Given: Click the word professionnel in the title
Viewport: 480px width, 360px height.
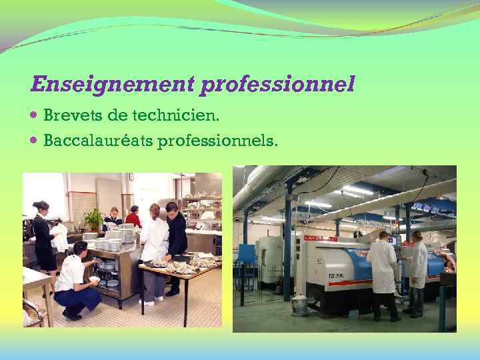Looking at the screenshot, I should click(277, 85).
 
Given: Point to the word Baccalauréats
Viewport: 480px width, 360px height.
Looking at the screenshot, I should click(98, 141).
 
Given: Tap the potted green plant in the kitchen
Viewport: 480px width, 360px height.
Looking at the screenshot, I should click(94, 219).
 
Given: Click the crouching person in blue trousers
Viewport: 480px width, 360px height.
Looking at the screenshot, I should click(75, 280).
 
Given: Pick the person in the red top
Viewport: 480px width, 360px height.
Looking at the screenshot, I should click(133, 217).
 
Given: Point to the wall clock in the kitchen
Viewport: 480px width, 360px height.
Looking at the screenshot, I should click(131, 177).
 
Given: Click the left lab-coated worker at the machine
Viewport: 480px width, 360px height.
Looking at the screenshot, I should click(383, 273).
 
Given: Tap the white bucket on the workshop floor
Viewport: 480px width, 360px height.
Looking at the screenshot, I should click(299, 305).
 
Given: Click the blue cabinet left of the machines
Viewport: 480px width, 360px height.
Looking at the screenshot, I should click(247, 254).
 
